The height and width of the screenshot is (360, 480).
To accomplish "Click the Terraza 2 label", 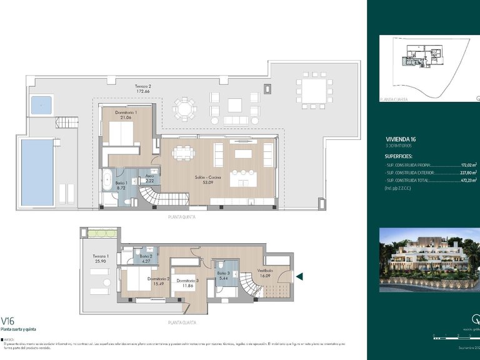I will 144,86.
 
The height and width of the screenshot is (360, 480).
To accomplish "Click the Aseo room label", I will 151,176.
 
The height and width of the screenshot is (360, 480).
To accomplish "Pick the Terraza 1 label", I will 101,256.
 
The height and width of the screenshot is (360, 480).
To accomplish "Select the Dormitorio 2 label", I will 159,279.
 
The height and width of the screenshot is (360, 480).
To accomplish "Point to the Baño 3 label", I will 224,272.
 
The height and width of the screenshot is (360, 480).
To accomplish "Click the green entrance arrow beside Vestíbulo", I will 299,276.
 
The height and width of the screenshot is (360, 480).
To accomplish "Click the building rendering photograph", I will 429,259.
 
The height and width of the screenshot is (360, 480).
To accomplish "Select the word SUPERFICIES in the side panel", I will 402,156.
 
